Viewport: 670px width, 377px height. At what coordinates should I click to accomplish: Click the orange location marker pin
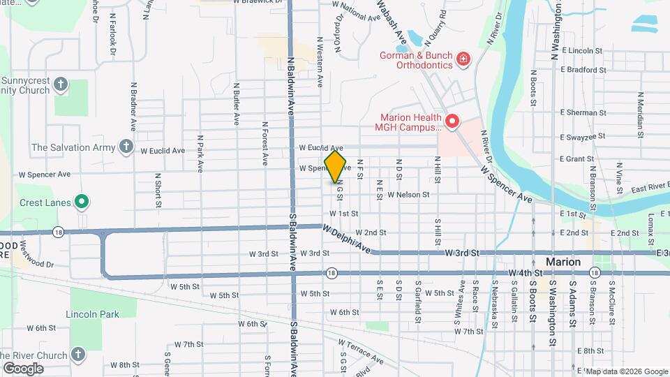pyautogui.click(x=336, y=167)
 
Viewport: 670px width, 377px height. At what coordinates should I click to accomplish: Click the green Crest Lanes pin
pyautogui.click(x=82, y=202)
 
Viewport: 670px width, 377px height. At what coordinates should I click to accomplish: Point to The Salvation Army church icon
pyautogui.click(x=126, y=147)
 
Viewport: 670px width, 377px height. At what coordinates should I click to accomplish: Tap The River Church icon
pyautogui.click(x=77, y=354)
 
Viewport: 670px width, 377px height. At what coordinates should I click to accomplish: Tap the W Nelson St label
pyautogui.click(x=408, y=195)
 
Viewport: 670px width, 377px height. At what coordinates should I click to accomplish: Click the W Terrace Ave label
pyautogui.click(x=361, y=351)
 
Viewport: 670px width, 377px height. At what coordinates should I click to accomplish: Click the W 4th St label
pyautogui.click(x=526, y=272)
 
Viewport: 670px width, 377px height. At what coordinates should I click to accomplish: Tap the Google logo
pyautogui.click(x=23, y=368)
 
